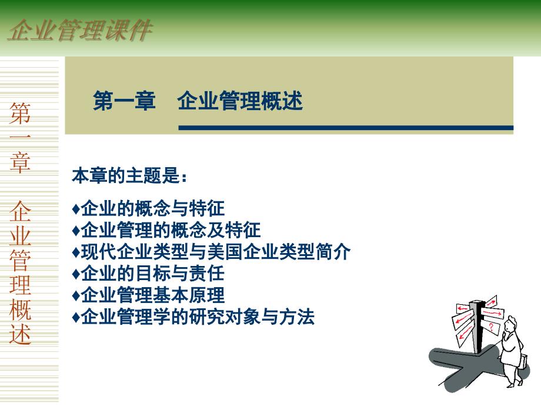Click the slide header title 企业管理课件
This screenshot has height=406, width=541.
click(x=80, y=31)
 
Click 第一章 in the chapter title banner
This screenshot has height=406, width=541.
click(x=124, y=101)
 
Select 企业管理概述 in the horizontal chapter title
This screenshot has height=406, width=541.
click(x=240, y=101)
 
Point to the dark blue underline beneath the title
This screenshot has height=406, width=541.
click(x=346, y=128)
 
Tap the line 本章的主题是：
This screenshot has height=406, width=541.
click(x=130, y=175)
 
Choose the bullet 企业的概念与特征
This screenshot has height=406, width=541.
click(x=148, y=208)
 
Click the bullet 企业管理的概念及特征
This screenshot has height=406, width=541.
click(x=166, y=230)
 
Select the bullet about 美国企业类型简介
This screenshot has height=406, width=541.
click(x=211, y=252)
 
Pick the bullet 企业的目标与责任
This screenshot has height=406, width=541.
click(x=148, y=274)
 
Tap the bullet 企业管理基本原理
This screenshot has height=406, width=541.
click(x=148, y=295)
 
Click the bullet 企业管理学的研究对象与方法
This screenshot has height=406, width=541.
click(x=193, y=317)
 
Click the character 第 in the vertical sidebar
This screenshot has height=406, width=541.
click(x=20, y=113)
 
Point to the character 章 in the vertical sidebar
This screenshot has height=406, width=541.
click(x=20, y=162)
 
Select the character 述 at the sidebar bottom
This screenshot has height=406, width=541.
click(x=20, y=334)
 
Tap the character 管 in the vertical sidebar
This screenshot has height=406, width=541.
click(x=20, y=259)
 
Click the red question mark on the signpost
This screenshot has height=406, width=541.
click(x=492, y=327)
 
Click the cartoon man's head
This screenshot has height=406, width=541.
click(x=509, y=325)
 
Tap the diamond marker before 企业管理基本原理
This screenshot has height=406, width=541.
click(x=76, y=295)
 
